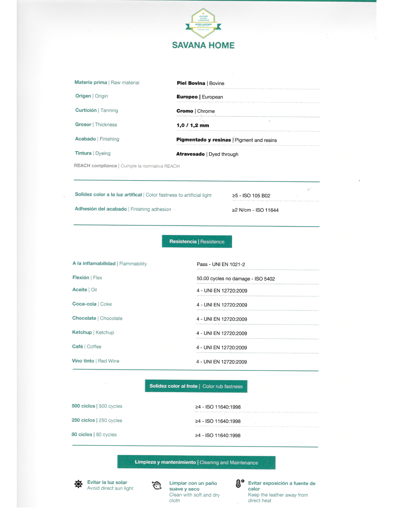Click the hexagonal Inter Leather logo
(x=203, y=23)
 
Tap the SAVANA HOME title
(x=203, y=45)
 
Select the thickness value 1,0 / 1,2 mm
(x=193, y=125)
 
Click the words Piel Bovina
(x=191, y=83)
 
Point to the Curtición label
(x=86, y=110)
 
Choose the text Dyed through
(x=223, y=154)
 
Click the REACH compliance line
(x=127, y=166)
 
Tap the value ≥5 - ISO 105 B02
(x=251, y=196)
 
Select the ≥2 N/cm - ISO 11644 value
(x=255, y=210)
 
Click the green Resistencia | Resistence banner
(x=197, y=242)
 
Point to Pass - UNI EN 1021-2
(x=221, y=264)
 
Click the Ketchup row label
(x=93, y=332)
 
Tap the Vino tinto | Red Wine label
(x=96, y=361)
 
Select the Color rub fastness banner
(x=196, y=386)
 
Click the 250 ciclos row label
(x=97, y=420)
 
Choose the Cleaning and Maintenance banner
(x=196, y=463)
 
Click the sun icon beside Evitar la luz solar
(x=78, y=484)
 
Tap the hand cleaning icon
(x=157, y=485)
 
